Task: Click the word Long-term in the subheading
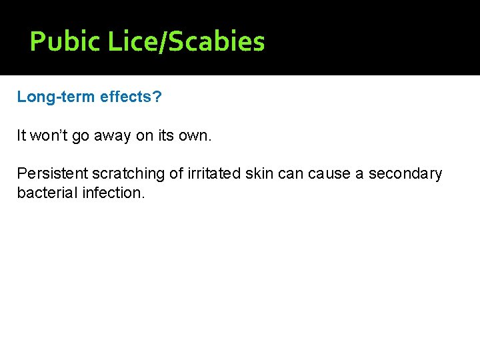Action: point(56,97)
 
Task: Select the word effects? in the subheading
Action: point(131,97)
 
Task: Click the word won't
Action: point(50,136)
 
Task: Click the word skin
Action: point(259,174)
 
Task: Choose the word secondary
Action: point(405,174)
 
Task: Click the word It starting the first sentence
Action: point(21,136)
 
